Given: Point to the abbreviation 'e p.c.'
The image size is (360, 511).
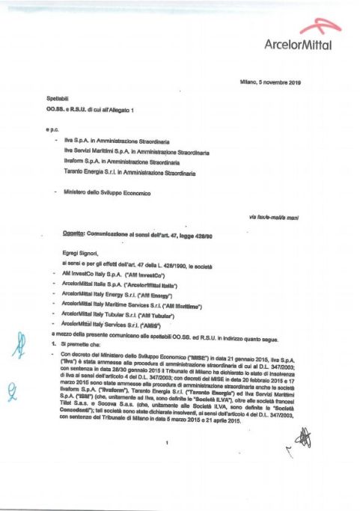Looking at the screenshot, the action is pyautogui.click(x=51, y=128).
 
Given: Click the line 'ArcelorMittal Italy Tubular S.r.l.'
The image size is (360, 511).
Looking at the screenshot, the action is pyautogui.click(x=123, y=316).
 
